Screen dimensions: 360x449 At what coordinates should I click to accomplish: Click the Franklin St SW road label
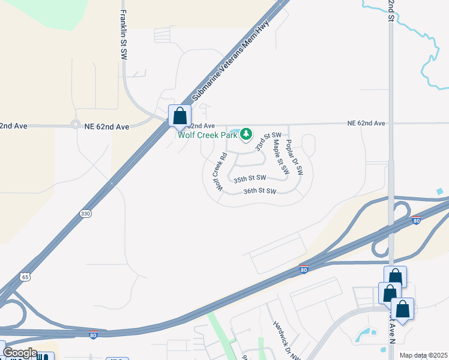pos(124,34)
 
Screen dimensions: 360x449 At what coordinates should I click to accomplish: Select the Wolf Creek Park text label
pos(208,134)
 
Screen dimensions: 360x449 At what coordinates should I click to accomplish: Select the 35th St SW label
pos(250,179)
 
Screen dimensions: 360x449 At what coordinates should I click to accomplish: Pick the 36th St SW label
pos(260,191)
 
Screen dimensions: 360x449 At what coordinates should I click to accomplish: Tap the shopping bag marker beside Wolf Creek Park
pos(179,116)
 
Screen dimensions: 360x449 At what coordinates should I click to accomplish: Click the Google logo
pos(20,353)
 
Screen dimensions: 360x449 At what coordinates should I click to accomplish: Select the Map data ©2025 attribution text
pos(423,355)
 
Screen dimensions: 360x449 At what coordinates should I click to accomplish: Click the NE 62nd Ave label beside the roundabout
pos(107,127)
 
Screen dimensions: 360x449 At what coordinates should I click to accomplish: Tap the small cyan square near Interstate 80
pos(440,191)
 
